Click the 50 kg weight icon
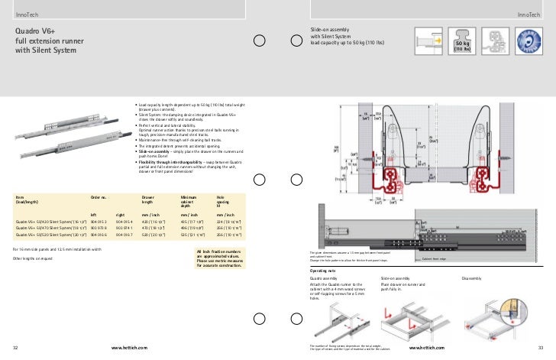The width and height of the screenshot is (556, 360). [x=462, y=47]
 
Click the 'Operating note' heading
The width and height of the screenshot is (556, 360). [x=323, y=271]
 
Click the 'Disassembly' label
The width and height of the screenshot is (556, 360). [x=472, y=278]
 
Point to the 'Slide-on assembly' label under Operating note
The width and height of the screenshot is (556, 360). [x=395, y=278]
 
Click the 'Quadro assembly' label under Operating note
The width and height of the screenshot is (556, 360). [x=324, y=278]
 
